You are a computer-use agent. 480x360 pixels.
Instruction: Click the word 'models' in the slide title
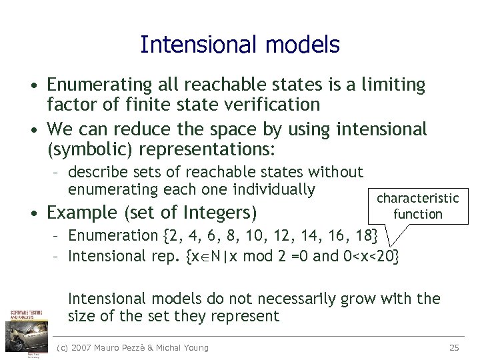303,45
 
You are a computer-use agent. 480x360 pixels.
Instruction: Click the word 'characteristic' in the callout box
417,198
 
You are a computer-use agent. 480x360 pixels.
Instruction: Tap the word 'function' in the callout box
417,214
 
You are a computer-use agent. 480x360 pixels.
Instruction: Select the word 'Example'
83,213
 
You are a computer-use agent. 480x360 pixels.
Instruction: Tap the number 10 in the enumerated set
249,235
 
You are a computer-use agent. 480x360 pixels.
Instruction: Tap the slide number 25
455,347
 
